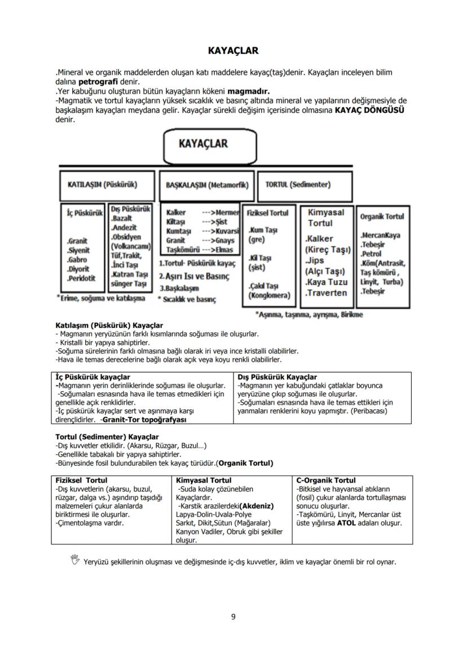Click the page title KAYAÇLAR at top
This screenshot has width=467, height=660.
tap(233, 51)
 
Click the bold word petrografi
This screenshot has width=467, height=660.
tap(98, 82)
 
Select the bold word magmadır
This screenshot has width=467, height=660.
tap(248, 91)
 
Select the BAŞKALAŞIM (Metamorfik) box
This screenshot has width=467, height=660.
tap(206, 185)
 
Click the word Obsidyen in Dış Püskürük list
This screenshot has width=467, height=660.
tap(126, 237)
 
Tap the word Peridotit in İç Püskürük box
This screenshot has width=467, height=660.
tap(81, 278)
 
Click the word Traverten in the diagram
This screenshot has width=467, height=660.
tap(326, 293)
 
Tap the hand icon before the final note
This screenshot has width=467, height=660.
tap(74, 559)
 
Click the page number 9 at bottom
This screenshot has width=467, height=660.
tap(233, 616)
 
